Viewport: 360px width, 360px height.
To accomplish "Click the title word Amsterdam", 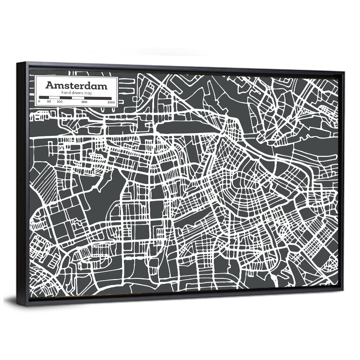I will (76, 86).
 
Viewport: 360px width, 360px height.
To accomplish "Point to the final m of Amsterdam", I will (102, 86).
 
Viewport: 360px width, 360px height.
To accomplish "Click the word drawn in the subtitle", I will (77, 93).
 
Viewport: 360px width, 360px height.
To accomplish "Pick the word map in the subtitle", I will (88, 93).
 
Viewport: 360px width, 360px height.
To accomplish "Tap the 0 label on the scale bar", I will (39, 101).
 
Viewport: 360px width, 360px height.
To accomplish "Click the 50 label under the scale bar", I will (49, 102).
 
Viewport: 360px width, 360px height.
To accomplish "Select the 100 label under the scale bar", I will (60, 102).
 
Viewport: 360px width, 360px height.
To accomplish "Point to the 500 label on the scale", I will (84, 102).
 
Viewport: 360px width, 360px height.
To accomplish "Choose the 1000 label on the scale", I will (111, 102).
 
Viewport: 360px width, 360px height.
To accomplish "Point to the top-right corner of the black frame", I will (344, 72).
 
